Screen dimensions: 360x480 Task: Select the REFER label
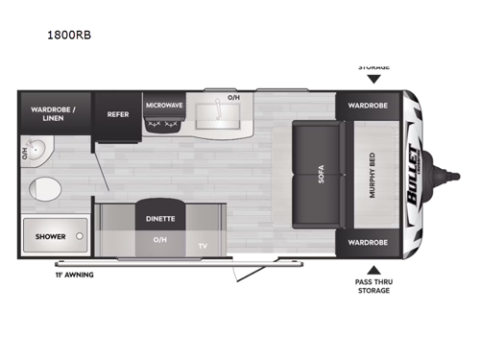coord(118,112)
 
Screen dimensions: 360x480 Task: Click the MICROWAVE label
coord(164,105)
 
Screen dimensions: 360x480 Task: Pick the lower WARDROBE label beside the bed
coord(368,242)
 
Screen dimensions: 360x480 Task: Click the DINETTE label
coord(160,219)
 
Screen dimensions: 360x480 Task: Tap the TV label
coord(203,245)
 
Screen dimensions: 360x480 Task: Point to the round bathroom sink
coord(37,152)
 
